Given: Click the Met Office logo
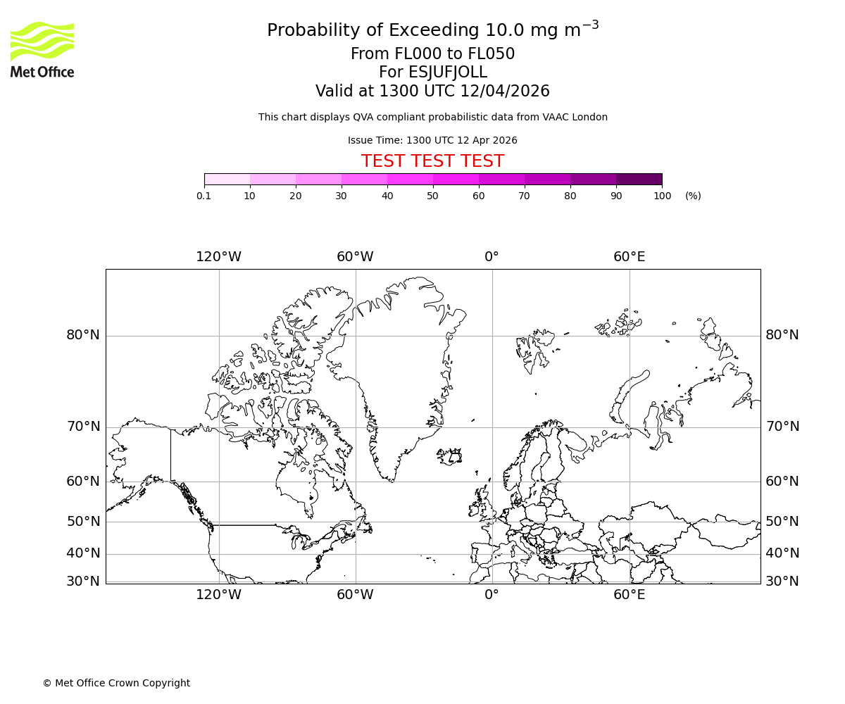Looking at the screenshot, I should (x=42, y=49).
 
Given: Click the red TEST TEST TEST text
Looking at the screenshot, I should (x=432, y=161).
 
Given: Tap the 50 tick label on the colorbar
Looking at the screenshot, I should (x=432, y=196).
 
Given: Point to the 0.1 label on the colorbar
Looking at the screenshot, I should (x=204, y=196).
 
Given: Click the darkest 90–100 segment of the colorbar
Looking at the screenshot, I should (x=639, y=179).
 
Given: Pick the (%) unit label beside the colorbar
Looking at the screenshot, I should (x=693, y=196).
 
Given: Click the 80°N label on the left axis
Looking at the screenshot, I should (x=83, y=335).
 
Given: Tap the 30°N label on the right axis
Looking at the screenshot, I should (x=782, y=582).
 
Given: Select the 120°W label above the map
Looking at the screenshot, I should (x=218, y=257).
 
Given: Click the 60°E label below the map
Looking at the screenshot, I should (x=629, y=595).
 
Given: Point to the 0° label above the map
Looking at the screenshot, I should (x=492, y=257).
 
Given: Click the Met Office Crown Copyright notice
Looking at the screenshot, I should (x=116, y=683).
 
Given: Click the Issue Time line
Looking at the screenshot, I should (x=432, y=140).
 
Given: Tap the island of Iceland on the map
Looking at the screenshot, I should (x=449, y=456).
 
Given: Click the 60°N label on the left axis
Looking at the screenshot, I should (x=83, y=482).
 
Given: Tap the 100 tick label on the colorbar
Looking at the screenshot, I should (x=662, y=196).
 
